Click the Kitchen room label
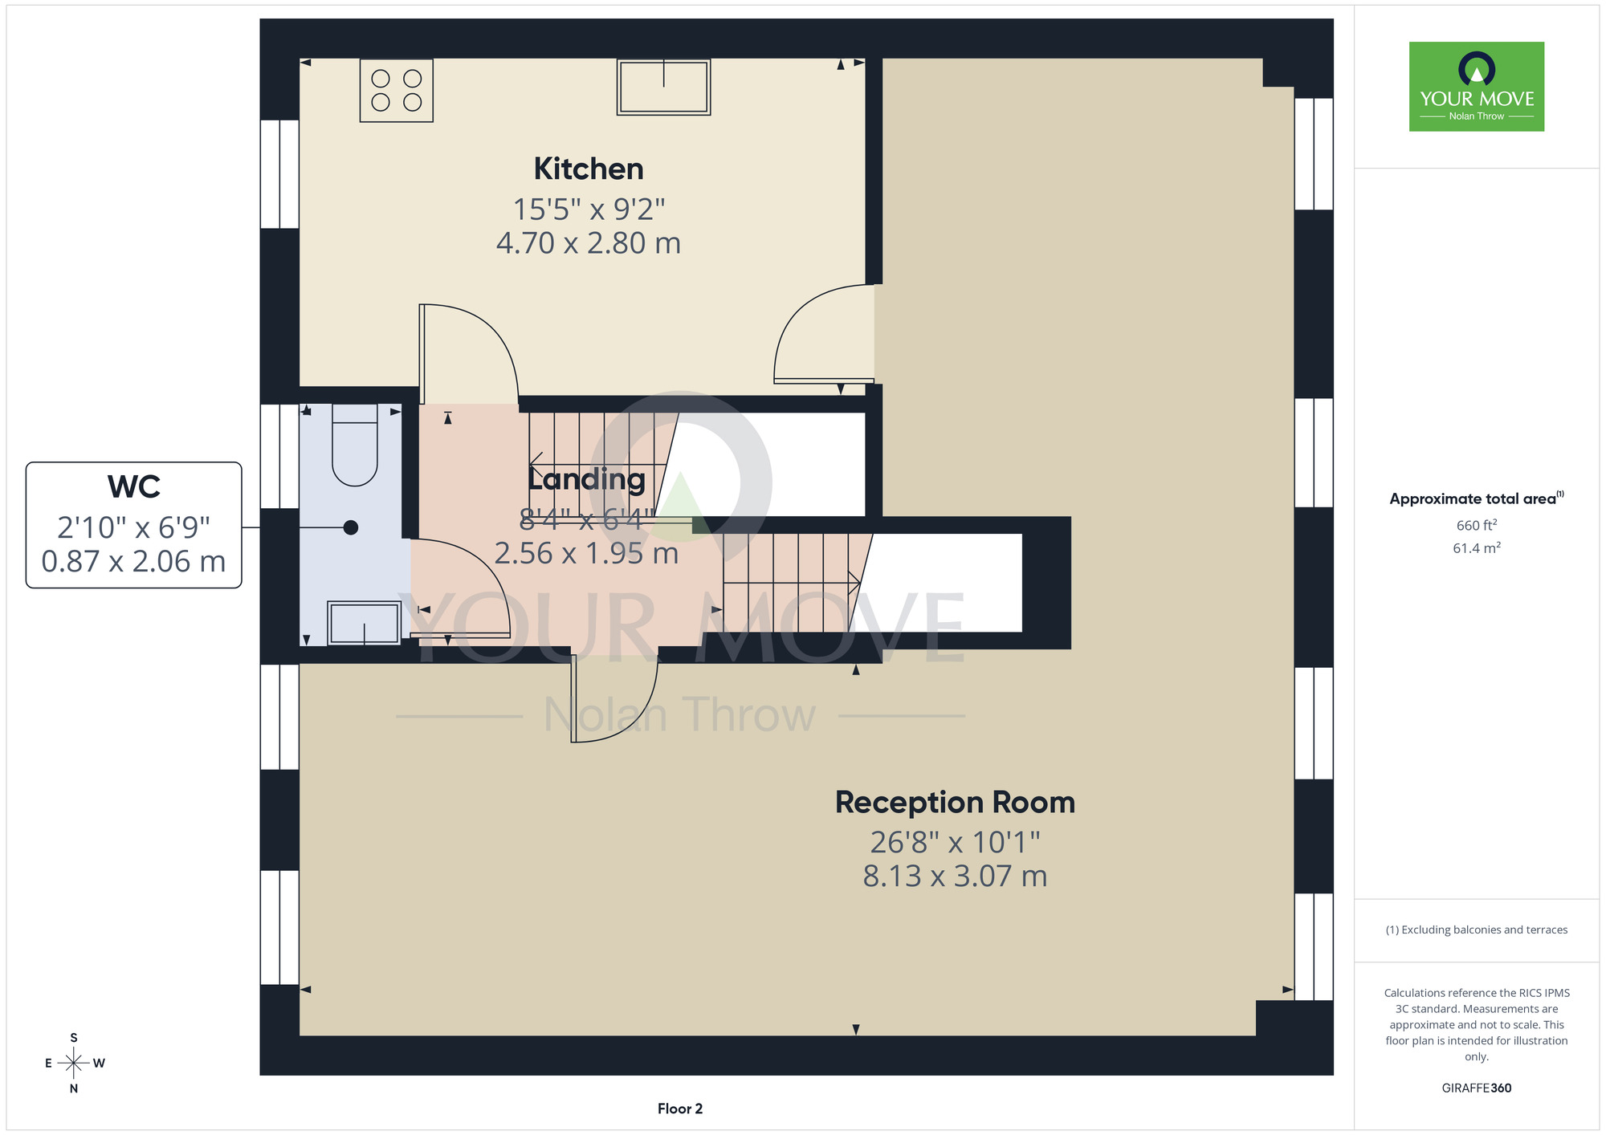point(589,169)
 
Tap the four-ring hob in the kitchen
point(397,91)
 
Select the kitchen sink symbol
point(664,87)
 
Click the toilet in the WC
point(355,445)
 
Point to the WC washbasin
point(365,622)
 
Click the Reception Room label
point(955,803)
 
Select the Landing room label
point(586,479)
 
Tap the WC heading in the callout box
point(134,487)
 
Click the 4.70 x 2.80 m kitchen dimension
point(589,243)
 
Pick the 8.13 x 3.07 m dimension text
point(955,876)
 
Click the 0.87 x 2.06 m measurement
point(134,561)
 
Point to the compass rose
point(74,1063)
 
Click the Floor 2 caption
point(680,1109)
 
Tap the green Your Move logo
point(1477,87)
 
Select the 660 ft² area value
point(1477,525)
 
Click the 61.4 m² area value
point(1477,547)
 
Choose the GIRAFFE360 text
point(1477,1088)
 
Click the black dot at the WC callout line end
point(351,527)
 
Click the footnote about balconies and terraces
point(1477,930)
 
